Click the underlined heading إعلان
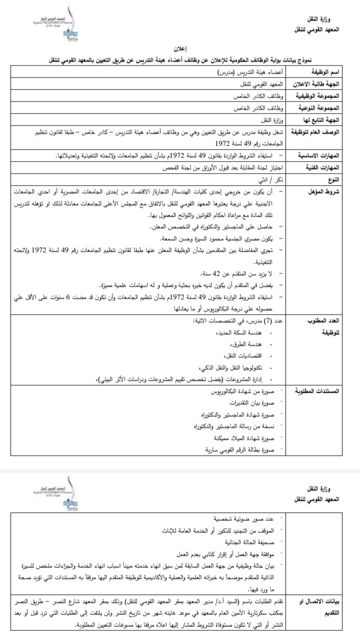[179, 51]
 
